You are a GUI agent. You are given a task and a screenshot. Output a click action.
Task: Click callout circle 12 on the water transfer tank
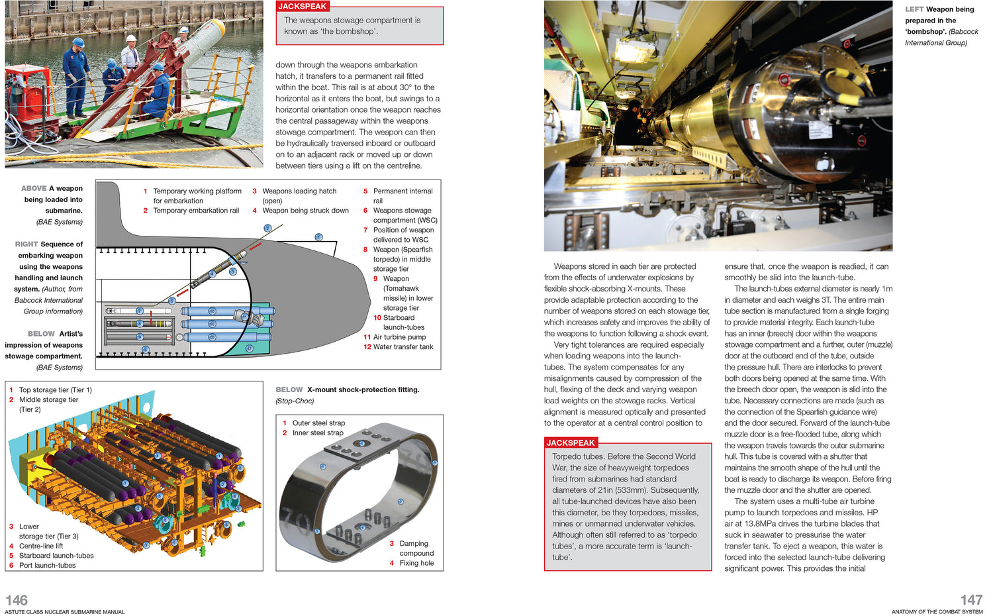(249, 348)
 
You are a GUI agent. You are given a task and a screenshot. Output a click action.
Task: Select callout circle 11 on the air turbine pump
(244, 317)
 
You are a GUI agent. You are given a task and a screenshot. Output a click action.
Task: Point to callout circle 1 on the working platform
(318, 236)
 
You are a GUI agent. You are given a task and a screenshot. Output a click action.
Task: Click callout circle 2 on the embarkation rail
(267, 228)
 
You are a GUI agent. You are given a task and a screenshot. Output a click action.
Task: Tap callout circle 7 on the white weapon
(140, 311)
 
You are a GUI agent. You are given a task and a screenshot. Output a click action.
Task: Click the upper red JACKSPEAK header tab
(303, 7)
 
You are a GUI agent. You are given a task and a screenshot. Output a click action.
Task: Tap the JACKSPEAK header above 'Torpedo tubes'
(571, 443)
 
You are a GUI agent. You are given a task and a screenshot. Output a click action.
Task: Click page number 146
(17, 600)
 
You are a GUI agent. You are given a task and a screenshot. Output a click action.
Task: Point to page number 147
(971, 600)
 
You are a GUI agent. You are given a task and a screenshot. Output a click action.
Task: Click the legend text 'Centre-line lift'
(41, 546)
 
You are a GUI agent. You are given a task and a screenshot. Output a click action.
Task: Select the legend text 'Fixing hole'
(416, 563)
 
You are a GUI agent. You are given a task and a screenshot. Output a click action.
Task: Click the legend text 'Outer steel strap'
(318, 423)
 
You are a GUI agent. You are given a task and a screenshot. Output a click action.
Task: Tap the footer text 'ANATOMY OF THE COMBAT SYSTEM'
(937, 612)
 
